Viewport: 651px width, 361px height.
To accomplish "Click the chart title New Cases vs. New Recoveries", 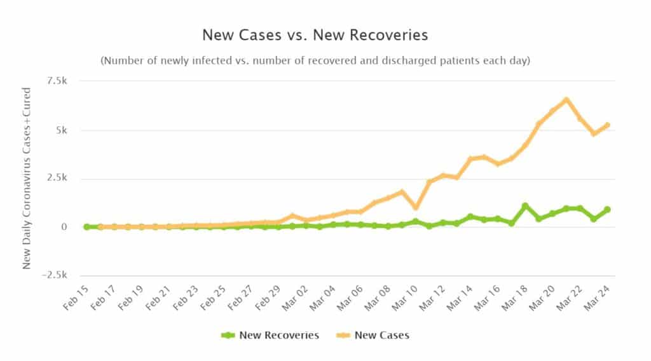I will tap(315, 34).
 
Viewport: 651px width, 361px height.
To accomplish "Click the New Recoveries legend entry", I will tap(270, 335).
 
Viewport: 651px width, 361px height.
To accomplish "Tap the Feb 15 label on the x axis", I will tap(75, 297).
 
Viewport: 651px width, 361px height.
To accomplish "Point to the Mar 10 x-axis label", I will tap(404, 297).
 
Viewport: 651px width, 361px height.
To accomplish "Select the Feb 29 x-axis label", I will tap(267, 297).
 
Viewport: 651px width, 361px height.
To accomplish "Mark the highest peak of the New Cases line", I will tap(566, 100).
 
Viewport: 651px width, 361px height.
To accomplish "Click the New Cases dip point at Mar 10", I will tap(416, 207).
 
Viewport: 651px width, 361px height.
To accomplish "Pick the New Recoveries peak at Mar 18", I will tap(525, 206).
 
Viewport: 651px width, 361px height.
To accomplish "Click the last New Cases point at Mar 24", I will tap(607, 125).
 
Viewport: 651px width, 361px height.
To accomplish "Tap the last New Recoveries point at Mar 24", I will tap(607, 209).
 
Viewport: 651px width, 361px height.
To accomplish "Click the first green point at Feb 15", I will tap(86, 226).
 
